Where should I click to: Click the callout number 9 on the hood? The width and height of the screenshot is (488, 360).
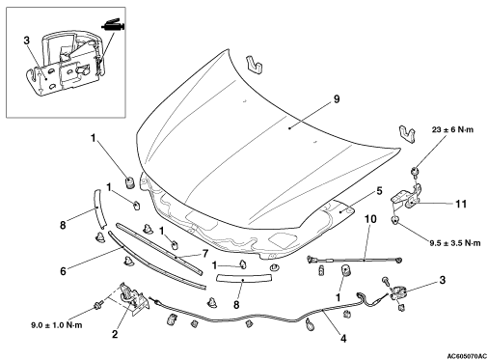(x=337, y=99)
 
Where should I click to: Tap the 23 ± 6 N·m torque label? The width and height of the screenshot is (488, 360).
(x=452, y=129)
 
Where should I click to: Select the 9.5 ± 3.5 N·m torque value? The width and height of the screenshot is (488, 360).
(x=455, y=243)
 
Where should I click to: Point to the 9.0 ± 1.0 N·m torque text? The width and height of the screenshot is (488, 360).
(x=57, y=325)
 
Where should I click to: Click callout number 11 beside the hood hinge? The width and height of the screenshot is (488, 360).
(x=461, y=204)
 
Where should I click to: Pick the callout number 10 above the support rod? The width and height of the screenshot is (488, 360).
(x=370, y=219)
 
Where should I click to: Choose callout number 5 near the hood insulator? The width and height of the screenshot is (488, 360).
(x=379, y=191)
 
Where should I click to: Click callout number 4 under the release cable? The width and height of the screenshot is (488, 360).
(x=343, y=339)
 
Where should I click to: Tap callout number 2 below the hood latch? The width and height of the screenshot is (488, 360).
(x=115, y=334)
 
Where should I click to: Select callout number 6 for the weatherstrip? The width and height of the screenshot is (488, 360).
(x=63, y=271)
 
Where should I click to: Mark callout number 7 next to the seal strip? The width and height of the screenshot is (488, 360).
(x=205, y=254)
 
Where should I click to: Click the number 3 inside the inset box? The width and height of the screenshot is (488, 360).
(x=27, y=41)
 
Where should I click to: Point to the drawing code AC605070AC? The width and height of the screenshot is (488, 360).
(x=467, y=356)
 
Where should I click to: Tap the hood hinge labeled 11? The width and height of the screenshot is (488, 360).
(x=406, y=196)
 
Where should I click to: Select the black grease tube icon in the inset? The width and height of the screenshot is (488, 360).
(x=113, y=25)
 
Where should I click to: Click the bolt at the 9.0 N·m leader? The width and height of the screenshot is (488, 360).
(x=97, y=304)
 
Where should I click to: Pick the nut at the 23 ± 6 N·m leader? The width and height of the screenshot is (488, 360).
(x=415, y=172)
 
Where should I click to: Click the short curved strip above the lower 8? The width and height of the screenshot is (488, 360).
(x=244, y=277)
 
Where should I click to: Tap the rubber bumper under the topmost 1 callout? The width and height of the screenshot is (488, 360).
(x=129, y=183)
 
